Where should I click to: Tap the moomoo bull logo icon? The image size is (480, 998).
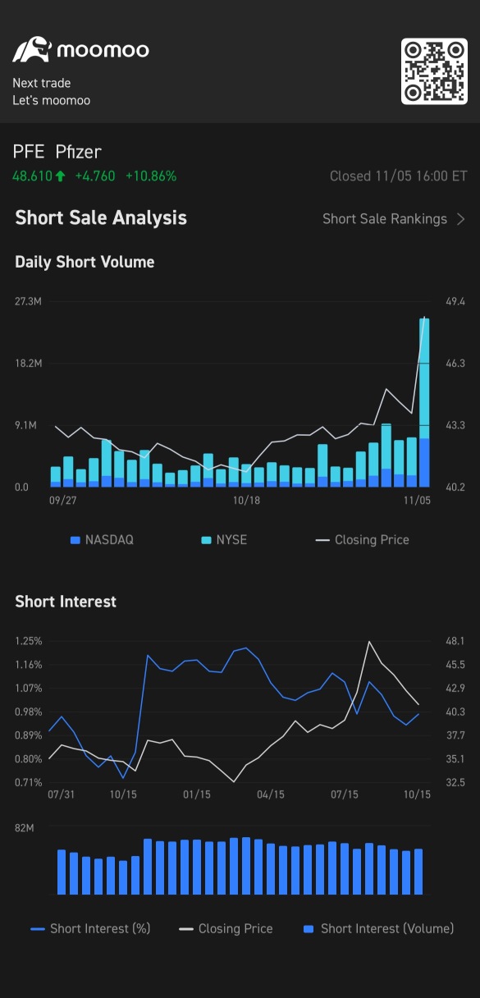pyautogui.click(x=32, y=49)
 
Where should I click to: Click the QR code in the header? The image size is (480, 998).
pyautogui.click(x=434, y=71)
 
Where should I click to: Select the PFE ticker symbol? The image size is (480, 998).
pyautogui.click(x=29, y=152)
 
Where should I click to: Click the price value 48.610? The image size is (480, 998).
pyautogui.click(x=33, y=176)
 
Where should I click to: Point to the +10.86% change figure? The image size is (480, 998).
pyautogui.click(x=151, y=176)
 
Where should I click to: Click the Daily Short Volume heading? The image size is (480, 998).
pyautogui.click(x=85, y=262)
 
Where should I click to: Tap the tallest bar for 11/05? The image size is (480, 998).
pyautogui.click(x=424, y=402)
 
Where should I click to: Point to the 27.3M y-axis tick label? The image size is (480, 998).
pyautogui.click(x=28, y=302)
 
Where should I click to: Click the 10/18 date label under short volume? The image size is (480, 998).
pyautogui.click(x=246, y=501)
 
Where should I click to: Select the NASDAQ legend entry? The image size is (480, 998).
pyautogui.click(x=102, y=540)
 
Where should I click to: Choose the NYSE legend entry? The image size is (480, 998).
pyautogui.click(x=224, y=540)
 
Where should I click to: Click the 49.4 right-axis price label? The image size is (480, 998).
pyautogui.click(x=455, y=302)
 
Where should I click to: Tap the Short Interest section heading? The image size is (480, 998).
pyautogui.click(x=66, y=602)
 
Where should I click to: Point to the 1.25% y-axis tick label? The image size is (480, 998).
pyautogui.click(x=29, y=641)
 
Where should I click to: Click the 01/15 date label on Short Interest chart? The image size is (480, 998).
pyautogui.click(x=196, y=794)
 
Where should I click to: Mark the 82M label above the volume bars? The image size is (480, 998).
pyautogui.click(x=24, y=828)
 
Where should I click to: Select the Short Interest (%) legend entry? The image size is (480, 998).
pyautogui.click(x=90, y=928)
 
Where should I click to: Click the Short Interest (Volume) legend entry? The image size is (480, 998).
pyautogui.click(x=378, y=928)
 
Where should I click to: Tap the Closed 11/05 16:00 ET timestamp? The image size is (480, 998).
pyautogui.click(x=399, y=176)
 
